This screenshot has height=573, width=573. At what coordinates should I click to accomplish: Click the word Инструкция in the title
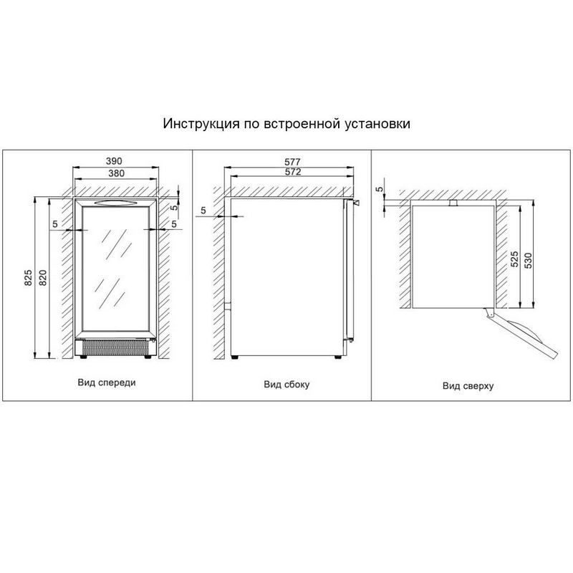tap(201, 124)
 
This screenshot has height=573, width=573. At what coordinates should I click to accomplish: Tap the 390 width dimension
tap(114, 161)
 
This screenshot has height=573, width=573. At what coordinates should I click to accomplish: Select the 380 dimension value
tap(116, 173)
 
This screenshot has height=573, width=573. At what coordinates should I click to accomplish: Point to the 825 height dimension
tap(28, 278)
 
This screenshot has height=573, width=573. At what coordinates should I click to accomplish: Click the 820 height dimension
tap(43, 278)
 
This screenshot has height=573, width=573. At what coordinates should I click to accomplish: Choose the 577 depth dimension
tap(292, 162)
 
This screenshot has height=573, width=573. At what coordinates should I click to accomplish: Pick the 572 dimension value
tap(293, 172)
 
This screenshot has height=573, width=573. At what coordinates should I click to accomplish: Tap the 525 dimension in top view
tap(514, 259)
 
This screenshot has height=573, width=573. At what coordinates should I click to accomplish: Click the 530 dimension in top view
tap(529, 261)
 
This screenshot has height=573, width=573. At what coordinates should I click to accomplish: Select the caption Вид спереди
tap(107, 382)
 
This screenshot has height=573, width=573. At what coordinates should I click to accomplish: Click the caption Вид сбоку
tap(286, 385)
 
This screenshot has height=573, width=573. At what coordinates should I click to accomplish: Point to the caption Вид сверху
tap(468, 386)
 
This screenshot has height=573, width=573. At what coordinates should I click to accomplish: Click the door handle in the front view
tap(115, 203)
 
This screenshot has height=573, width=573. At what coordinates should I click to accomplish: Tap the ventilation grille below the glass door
tap(115, 347)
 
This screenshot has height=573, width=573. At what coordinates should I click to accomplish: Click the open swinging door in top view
tap(522, 333)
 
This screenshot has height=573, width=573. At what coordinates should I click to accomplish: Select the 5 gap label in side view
tap(203, 211)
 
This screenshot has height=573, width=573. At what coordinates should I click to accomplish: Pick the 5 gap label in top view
tap(380, 189)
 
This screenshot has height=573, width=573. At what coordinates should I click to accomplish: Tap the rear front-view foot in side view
tap(235, 357)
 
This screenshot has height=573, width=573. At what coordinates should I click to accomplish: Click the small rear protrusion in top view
tap(453, 203)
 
